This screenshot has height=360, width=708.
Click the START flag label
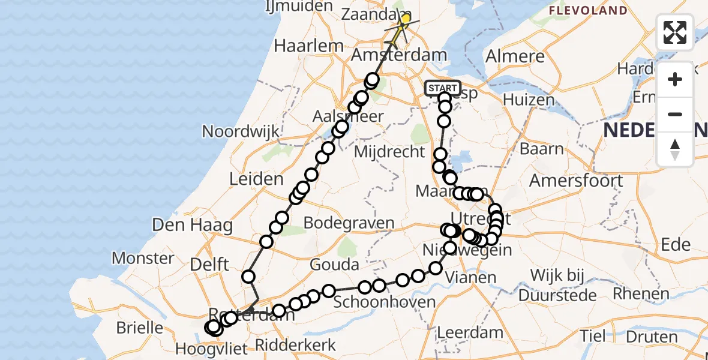(443, 88)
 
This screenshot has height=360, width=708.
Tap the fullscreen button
(675, 32)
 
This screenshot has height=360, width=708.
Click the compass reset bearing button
(675, 149)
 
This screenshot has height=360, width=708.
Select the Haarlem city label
(308, 46)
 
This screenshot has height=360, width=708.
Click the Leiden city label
(256, 179)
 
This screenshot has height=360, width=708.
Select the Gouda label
(335, 264)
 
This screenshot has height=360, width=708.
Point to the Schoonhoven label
(384, 301)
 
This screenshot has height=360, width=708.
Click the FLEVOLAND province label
(588, 11)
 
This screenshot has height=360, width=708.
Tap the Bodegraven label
(349, 223)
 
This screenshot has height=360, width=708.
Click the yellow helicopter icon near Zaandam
(403, 23)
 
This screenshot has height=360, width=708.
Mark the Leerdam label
(470, 332)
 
